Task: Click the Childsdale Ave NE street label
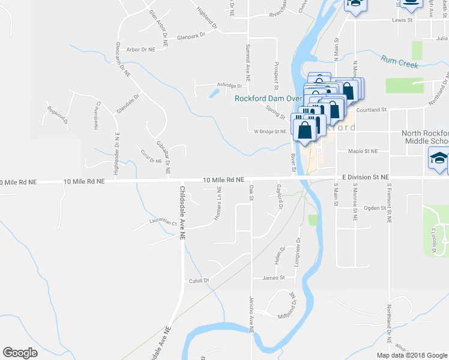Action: click(x=181, y=212)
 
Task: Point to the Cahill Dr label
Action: click(x=197, y=281)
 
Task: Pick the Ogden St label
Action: click(x=373, y=208)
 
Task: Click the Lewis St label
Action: click(x=403, y=20)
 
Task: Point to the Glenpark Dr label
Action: click(x=191, y=37)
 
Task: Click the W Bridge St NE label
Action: click(x=270, y=132)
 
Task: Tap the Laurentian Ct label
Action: click(x=163, y=222)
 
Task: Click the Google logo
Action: click(x=20, y=353)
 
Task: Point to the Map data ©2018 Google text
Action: click(x=411, y=355)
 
